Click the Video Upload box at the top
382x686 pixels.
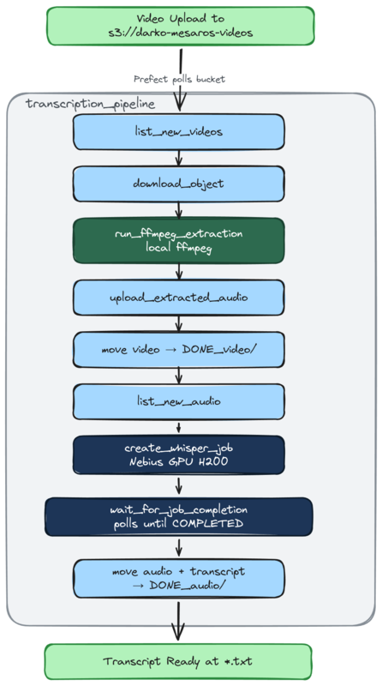pos(178,26)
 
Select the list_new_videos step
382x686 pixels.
pos(178,132)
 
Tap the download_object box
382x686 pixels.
pos(178,184)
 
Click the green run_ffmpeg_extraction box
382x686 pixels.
pos(178,240)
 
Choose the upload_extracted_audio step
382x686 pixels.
pos(178,297)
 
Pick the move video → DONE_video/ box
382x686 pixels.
pos(178,349)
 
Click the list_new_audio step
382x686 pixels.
pos(178,401)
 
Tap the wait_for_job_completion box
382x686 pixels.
pos(178,516)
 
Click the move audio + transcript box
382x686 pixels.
pos(178,578)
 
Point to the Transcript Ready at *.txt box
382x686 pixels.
pos(178,661)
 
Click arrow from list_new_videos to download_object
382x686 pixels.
pos(178,158)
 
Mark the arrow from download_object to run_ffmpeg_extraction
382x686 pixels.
pos(178,210)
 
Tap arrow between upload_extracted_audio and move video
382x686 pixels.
pos(178,322)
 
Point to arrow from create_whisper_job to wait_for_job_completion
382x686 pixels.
pos(178,487)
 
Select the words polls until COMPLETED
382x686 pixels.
pos(178,524)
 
